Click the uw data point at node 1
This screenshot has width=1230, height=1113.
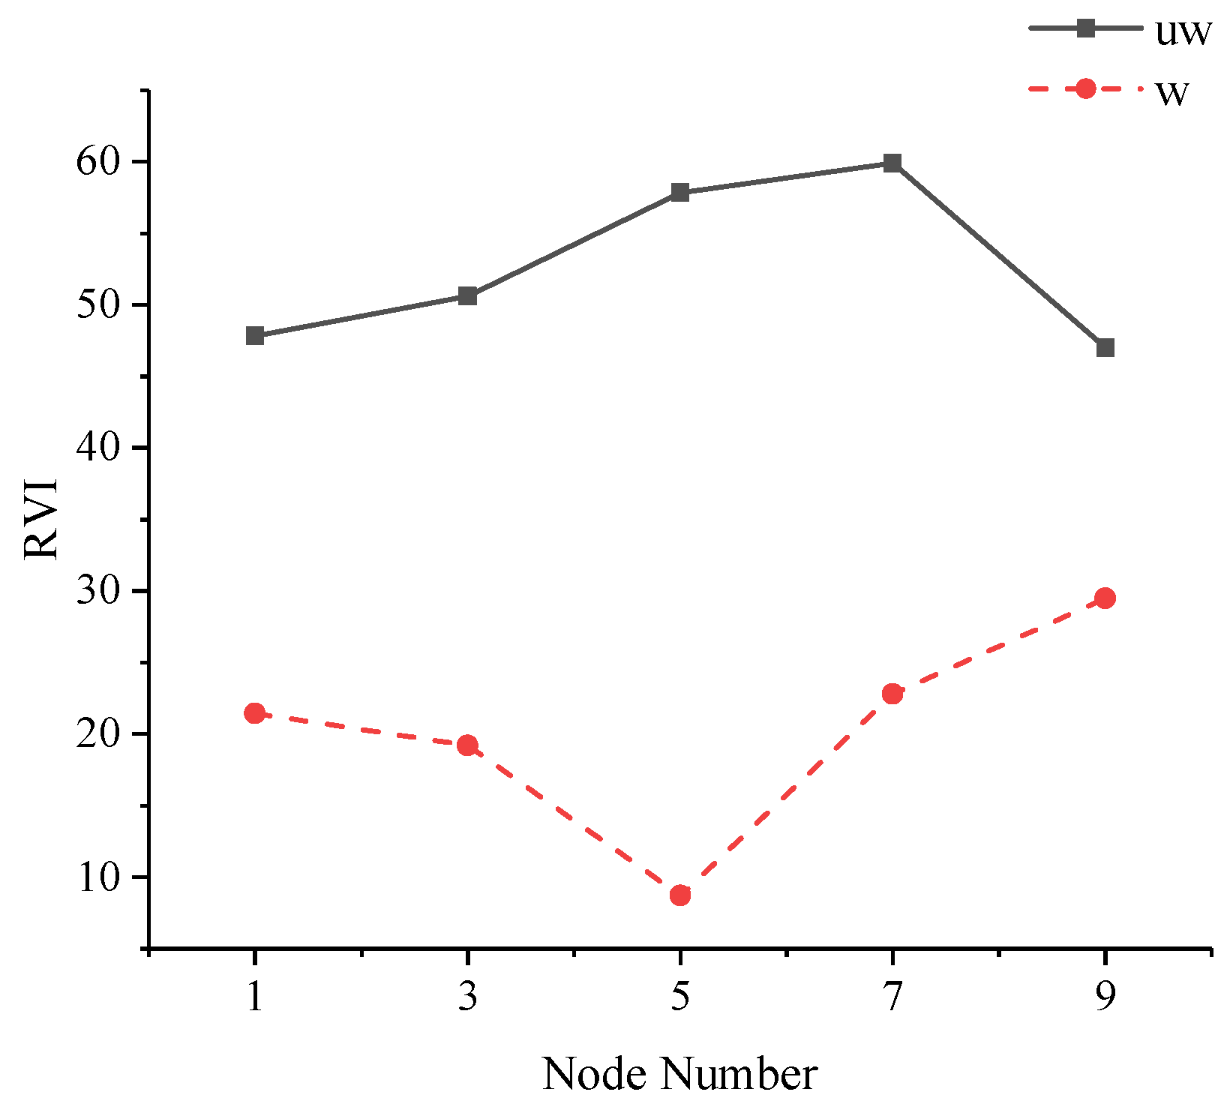point(255,335)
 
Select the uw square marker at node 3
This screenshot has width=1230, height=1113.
point(467,296)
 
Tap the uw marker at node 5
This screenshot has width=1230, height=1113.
point(680,193)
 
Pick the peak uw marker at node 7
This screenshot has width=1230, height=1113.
point(892,163)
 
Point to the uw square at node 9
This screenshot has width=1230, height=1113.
point(1105,348)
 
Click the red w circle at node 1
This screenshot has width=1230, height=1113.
point(255,712)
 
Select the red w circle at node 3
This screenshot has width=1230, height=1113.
point(467,745)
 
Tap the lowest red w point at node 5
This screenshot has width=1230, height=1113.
point(680,895)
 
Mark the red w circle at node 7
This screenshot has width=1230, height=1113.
point(892,694)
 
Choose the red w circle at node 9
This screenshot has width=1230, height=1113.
point(1105,598)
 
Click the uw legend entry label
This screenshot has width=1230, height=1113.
point(1183,32)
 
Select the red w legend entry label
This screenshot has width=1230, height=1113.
point(1171,92)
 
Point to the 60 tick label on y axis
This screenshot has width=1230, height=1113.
point(98,162)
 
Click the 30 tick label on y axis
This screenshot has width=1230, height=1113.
point(98,591)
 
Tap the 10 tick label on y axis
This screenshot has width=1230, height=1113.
point(98,877)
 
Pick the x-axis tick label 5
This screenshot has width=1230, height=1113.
point(680,997)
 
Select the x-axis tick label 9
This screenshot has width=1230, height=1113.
point(1105,997)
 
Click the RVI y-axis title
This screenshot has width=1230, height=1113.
point(43,517)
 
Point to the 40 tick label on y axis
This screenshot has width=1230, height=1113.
point(98,448)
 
